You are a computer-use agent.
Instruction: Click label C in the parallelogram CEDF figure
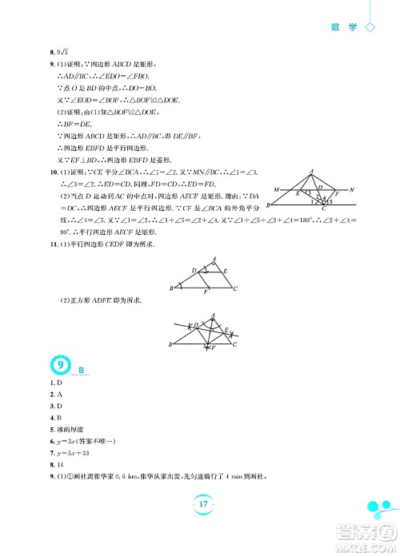[234, 289]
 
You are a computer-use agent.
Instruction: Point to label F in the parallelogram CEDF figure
[206, 293]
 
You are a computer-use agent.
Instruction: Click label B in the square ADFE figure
[170, 344]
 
